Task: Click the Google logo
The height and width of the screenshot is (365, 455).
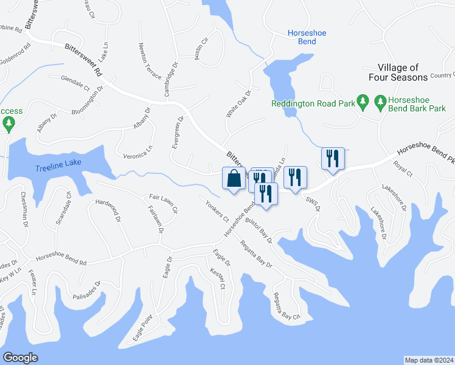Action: point(21,358)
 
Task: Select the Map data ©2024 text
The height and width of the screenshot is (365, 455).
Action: point(429,360)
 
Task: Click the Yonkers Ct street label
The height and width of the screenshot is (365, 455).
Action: point(217,210)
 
